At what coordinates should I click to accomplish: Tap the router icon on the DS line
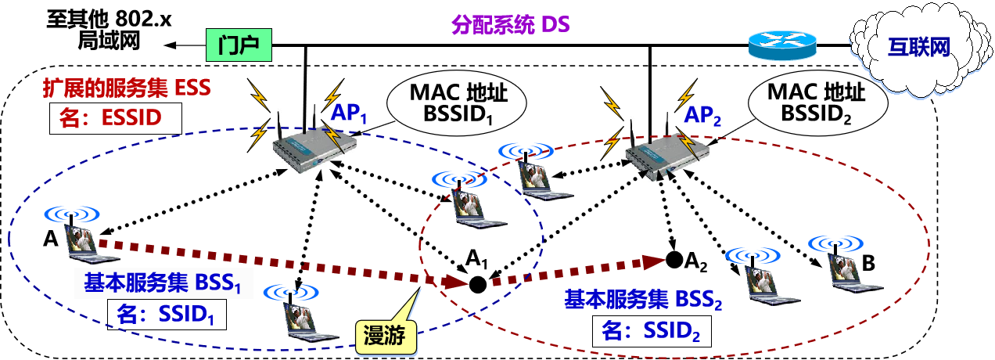coord(781,45)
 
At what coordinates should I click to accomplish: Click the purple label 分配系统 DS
coord(510,23)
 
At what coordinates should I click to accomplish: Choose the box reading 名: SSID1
coord(167,315)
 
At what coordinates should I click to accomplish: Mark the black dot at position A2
coord(672,257)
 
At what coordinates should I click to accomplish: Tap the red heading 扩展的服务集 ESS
coord(125,88)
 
